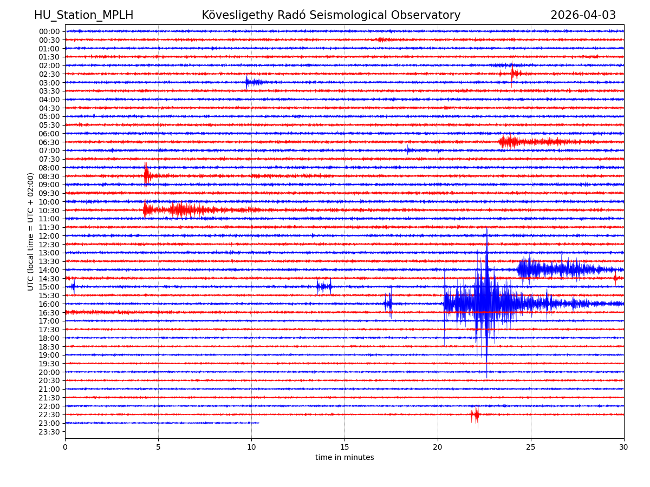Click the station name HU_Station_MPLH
(83, 15)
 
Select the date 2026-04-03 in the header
(583, 15)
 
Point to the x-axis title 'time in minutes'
(344, 458)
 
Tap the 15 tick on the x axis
(344, 447)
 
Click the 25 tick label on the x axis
(531, 447)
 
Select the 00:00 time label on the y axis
(49, 31)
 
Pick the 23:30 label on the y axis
(49, 432)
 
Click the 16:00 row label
(49, 304)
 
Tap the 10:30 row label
(49, 210)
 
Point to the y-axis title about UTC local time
(31, 232)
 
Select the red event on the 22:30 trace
(475, 414)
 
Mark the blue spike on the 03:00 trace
(247, 82)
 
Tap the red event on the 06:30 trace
(509, 142)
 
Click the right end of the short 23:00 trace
(258, 423)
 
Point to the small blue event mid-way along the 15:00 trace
(324, 287)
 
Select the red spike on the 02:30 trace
(512, 74)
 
